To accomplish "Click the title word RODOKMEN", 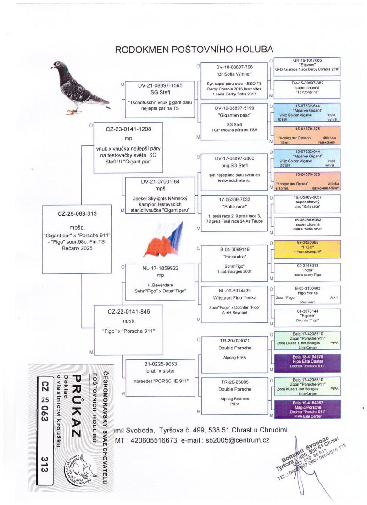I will point(141,50).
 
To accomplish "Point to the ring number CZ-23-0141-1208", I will point(129,129).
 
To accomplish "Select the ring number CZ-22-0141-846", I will point(129,312).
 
